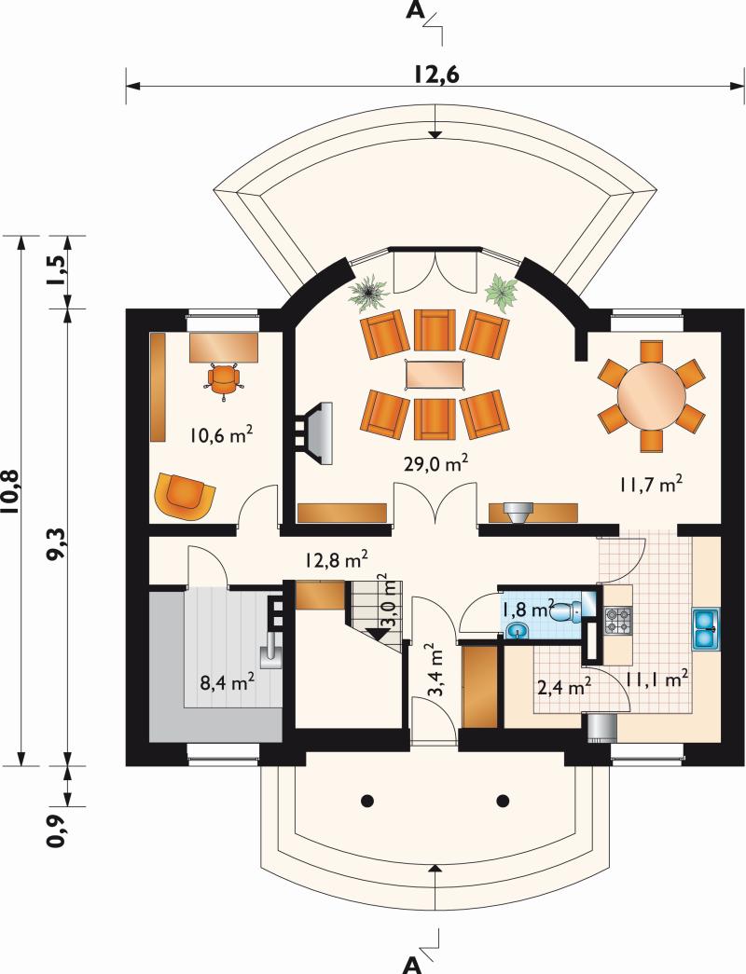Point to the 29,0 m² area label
click(435, 463)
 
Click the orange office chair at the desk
click(223, 379)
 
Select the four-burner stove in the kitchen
click(618, 619)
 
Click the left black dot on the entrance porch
click(367, 800)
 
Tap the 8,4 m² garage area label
click(227, 683)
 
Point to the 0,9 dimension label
click(57, 831)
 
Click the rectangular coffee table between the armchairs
click(435, 375)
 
